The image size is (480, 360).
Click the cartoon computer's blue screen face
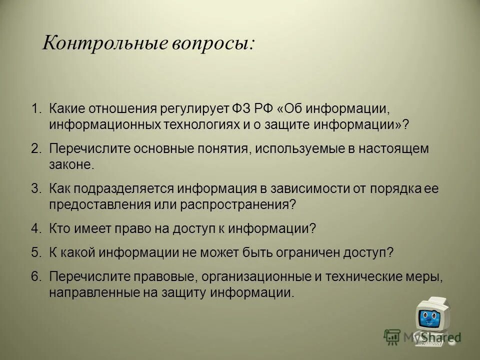[427, 317]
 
